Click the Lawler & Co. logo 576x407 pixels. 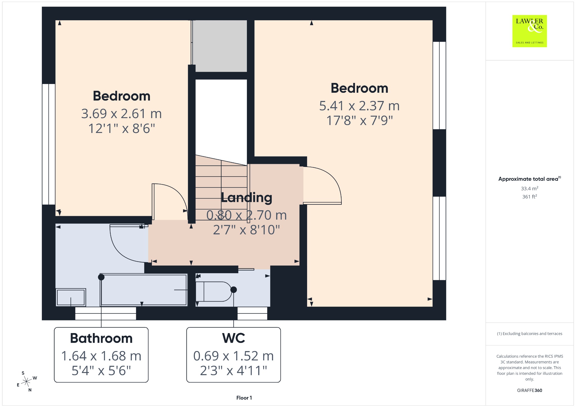[530, 31]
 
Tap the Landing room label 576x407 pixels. [246, 198]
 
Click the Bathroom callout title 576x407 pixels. [101, 338]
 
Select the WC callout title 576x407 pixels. [233, 338]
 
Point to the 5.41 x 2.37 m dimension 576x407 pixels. [359, 106]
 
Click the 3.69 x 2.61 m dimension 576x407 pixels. [121, 114]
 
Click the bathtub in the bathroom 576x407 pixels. [143, 290]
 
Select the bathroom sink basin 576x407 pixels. [71, 297]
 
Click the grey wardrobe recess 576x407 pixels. [221, 46]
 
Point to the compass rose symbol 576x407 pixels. [26, 381]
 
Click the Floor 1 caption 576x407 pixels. [244, 398]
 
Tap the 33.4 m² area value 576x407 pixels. [530, 188]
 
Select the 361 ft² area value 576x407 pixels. [530, 196]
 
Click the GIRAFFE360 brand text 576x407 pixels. [530, 390]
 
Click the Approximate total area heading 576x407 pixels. [530, 179]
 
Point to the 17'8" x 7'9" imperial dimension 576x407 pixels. [359, 121]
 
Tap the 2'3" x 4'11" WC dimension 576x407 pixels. [233, 371]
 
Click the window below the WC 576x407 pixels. [252, 313]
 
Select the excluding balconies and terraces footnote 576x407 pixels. [530, 334]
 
